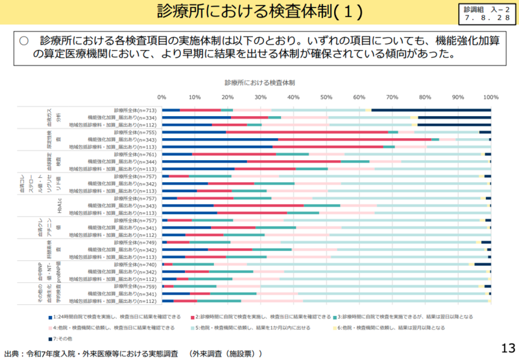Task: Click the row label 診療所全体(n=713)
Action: coord(135,110)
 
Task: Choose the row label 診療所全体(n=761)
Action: coord(135,154)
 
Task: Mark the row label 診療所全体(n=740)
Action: coord(135,264)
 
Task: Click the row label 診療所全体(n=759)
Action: coord(135,286)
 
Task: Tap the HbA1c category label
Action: coord(59,206)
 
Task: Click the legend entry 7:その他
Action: coord(67,339)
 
